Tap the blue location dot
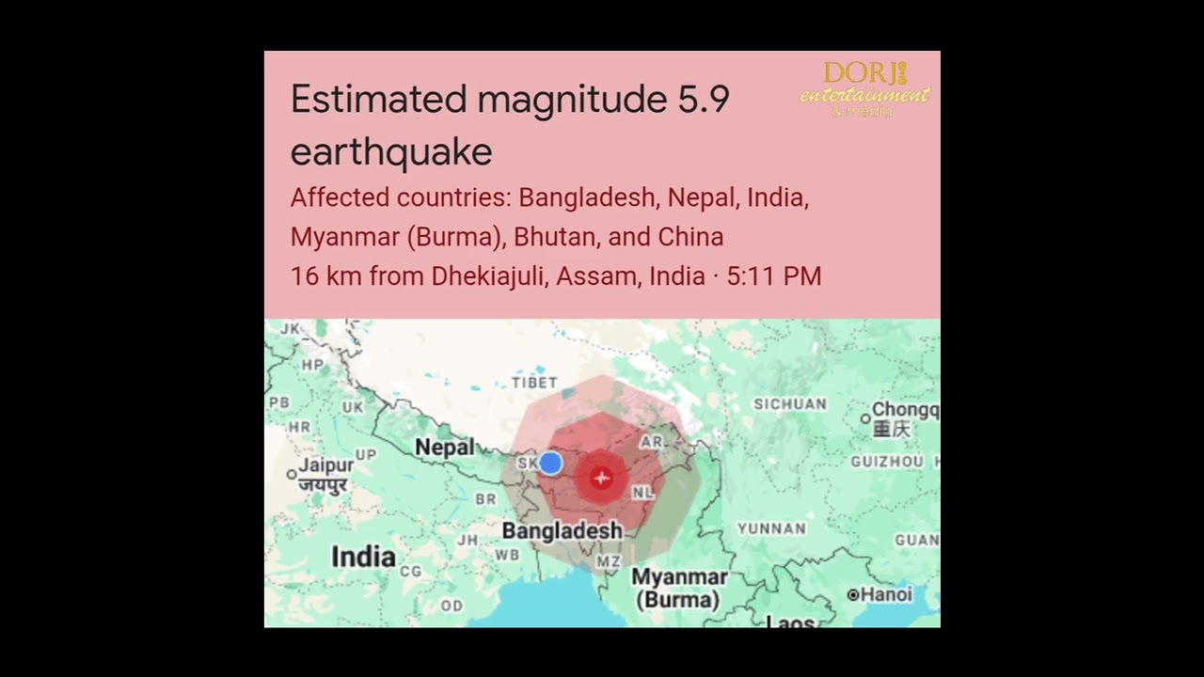(x=550, y=463)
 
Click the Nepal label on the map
(x=444, y=447)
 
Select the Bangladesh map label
(x=562, y=531)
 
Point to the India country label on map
(x=363, y=557)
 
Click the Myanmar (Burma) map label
(x=679, y=588)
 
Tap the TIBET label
(x=534, y=383)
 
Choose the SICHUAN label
(x=790, y=404)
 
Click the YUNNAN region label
(x=771, y=528)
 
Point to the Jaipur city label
(x=326, y=465)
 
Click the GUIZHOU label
(x=887, y=462)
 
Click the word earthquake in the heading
(x=391, y=151)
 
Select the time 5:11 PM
(x=774, y=276)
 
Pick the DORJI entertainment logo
(x=864, y=89)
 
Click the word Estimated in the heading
(x=379, y=100)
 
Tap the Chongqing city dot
(x=866, y=418)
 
